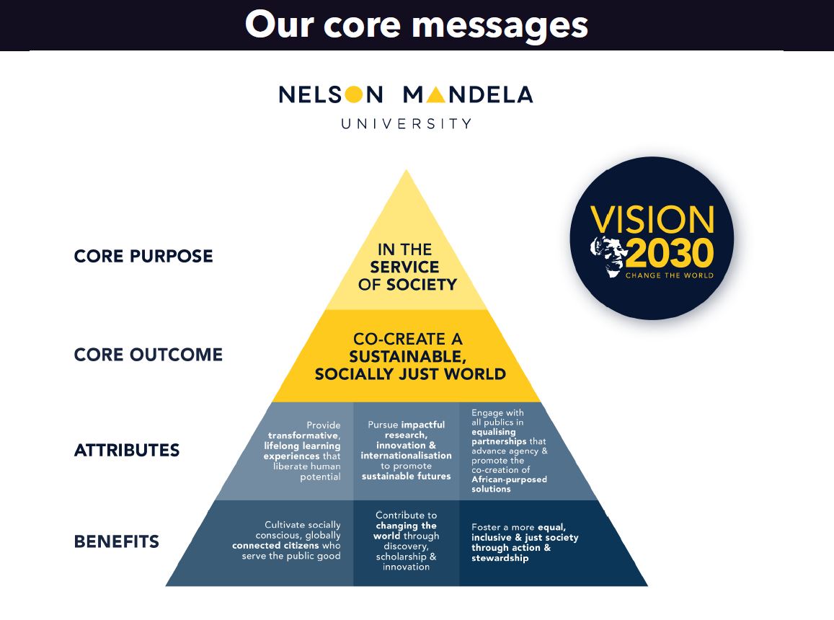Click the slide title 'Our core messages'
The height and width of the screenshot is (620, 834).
417,25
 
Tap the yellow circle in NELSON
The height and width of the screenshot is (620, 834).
353,94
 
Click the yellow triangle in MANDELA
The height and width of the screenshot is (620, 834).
435,94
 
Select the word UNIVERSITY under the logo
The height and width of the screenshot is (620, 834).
407,123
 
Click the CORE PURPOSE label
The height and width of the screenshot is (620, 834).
143,256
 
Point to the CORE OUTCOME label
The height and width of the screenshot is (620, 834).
148,355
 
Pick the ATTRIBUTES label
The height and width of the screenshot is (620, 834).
127,451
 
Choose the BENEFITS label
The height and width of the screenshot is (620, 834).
117,541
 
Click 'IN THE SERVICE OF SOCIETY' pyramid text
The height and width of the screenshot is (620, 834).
407,267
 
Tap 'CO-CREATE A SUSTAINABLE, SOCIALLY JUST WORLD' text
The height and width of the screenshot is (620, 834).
409,357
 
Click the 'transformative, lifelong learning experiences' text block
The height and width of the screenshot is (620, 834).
302,451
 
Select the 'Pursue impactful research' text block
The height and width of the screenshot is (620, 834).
407,451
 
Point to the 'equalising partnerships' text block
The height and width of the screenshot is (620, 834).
509,451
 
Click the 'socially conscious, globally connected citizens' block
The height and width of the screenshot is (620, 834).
287,540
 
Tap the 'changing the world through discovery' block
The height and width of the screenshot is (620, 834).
407,541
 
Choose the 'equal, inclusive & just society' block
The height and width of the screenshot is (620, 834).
525,542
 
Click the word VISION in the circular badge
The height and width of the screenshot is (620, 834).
652,220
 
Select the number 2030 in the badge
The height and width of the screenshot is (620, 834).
670,253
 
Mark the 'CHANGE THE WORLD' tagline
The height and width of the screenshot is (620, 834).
669,275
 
